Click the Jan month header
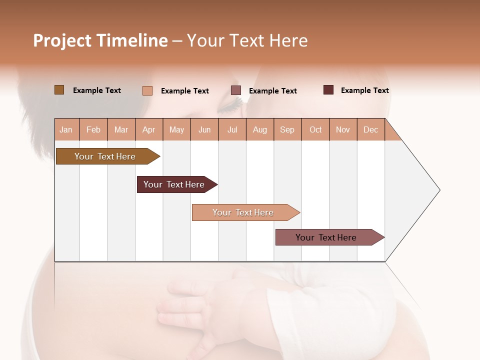[66, 130]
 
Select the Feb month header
[93, 130]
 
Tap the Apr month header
[149, 130]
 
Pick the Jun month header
[204, 130]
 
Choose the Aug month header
[260, 130]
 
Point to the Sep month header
[287, 130]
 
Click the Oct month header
[315, 130]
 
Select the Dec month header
[371, 130]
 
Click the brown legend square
[59, 90]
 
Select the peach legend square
[147, 90]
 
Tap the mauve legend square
[236, 90]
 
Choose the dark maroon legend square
[328, 90]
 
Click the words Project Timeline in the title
[100, 40]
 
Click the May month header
[176, 130]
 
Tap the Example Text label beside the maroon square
[364, 90]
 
